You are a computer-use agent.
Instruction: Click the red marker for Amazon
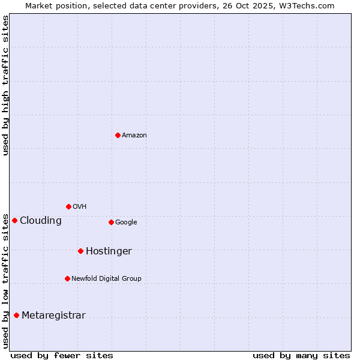[118, 135]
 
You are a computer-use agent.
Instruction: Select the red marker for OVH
[68, 206]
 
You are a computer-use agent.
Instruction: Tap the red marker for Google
[111, 222]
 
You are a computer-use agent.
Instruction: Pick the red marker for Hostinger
[80, 251]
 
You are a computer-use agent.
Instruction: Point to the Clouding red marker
[14, 220]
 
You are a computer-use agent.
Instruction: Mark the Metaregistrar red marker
[16, 315]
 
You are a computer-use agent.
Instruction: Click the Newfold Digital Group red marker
[67, 278]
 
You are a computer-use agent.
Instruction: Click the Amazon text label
[134, 136]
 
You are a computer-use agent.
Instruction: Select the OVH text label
[80, 207]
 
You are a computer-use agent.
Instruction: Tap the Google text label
[126, 223]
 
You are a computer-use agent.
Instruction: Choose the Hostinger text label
[109, 251]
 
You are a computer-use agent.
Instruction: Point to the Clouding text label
[41, 221]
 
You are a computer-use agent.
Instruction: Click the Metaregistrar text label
[53, 316]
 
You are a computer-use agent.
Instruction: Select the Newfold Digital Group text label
[106, 279]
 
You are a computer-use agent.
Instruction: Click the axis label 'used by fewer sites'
[62, 355]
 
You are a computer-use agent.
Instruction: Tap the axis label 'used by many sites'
[301, 355]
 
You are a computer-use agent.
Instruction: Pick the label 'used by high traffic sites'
[5, 85]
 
